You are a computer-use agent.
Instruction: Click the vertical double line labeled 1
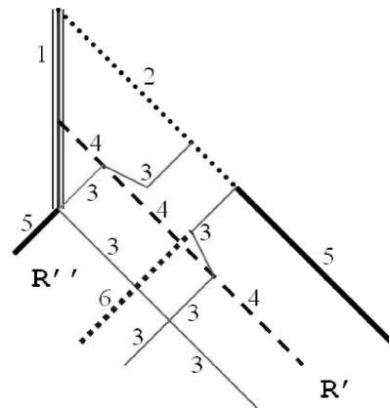[x=58, y=107]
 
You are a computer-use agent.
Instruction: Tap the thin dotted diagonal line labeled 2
[x=147, y=100]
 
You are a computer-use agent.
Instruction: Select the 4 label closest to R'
[x=254, y=300]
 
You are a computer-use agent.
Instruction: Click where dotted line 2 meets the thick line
[x=237, y=186]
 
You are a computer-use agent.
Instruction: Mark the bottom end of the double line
[x=59, y=207]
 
